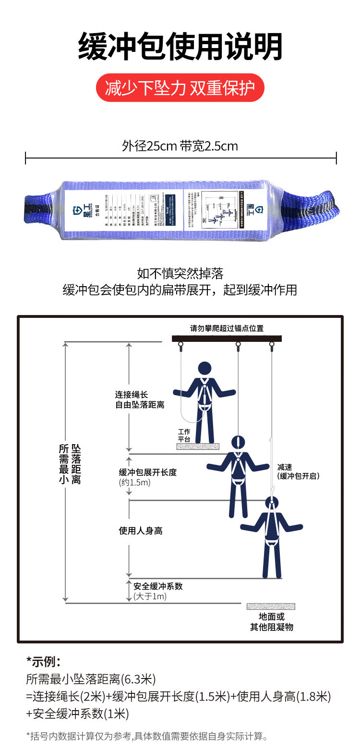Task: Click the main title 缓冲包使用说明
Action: (x=180, y=47)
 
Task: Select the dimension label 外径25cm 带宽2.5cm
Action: (x=180, y=146)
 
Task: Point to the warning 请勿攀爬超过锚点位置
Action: (x=227, y=329)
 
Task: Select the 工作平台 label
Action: (x=184, y=435)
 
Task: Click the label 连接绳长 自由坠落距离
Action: (x=139, y=400)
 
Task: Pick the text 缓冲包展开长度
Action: (x=148, y=472)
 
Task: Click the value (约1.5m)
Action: (x=135, y=483)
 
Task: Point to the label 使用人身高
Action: (x=141, y=531)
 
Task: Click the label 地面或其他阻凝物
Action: (x=271, y=622)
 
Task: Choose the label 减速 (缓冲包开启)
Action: (x=298, y=472)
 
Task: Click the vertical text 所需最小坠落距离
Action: (x=70, y=464)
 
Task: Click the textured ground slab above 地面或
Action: (x=271, y=606)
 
